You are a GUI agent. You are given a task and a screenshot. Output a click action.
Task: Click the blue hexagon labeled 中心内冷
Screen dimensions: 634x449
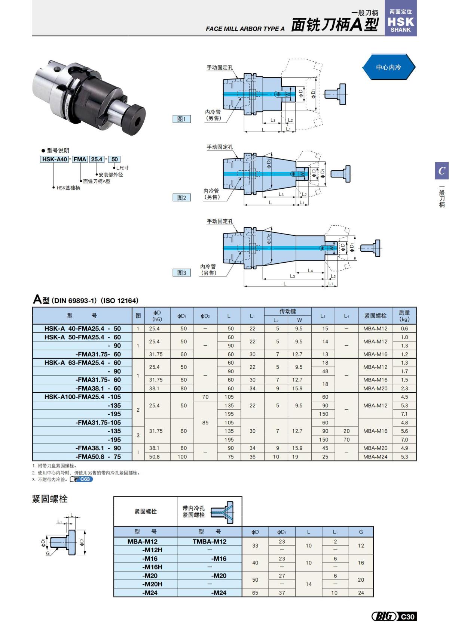[388, 67]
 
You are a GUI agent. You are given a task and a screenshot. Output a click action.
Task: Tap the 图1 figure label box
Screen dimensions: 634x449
[181, 119]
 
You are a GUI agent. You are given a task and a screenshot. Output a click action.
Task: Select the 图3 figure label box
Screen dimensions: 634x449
[181, 273]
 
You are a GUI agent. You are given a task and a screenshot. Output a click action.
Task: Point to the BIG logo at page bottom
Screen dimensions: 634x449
[384, 616]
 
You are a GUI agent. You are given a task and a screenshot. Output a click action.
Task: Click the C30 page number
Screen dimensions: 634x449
[408, 617]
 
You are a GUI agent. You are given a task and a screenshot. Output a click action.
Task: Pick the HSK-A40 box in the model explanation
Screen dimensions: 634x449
[55, 159]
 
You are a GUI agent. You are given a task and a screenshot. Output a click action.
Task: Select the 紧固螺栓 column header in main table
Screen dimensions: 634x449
[375, 316]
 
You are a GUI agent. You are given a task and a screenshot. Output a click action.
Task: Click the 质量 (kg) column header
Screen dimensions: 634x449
[404, 316]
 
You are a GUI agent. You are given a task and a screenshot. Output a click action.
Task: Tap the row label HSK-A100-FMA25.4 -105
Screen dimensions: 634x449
[82, 397]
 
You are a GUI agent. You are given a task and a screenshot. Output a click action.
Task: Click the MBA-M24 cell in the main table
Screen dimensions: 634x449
[375, 457]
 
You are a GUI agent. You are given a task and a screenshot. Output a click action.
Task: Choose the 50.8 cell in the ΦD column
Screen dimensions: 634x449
[154, 457]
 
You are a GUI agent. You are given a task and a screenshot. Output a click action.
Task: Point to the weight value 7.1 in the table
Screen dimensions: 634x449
[404, 414]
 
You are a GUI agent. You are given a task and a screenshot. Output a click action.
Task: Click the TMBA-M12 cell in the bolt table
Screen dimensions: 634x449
[210, 541]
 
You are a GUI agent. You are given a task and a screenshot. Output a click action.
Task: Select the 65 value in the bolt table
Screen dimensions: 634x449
[255, 593]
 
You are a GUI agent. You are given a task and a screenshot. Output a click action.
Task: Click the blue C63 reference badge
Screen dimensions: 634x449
[85, 479]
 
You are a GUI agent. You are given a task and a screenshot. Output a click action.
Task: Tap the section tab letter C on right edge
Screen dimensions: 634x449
[442, 171]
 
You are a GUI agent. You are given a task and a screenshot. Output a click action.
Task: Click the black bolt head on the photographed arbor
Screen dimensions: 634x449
[134, 118]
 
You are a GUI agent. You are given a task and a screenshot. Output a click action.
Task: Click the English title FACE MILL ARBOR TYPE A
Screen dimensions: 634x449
[245, 29]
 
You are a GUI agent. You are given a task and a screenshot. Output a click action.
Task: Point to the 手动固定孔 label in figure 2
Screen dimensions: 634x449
[220, 147]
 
